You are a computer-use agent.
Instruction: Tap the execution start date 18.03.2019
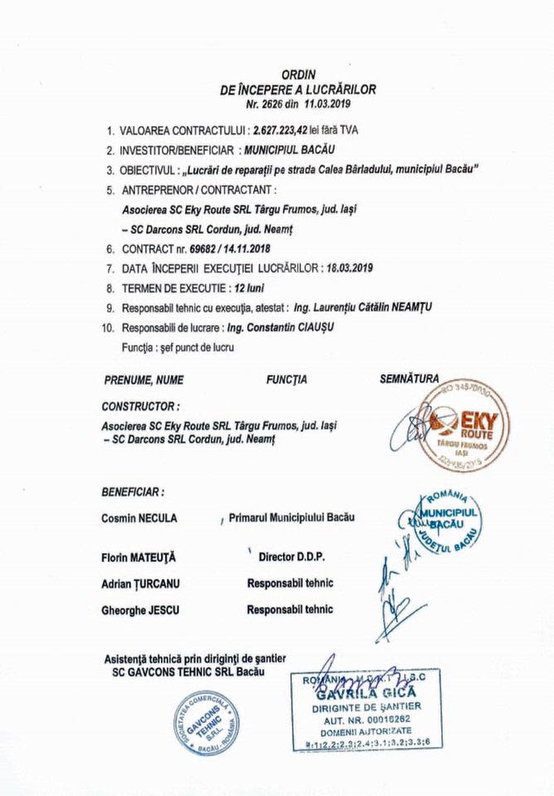348,268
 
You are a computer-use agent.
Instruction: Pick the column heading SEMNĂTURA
409,379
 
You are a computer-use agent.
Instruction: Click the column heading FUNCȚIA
286,380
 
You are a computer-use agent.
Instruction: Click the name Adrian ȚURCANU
140,584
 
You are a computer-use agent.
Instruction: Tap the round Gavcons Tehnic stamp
208,721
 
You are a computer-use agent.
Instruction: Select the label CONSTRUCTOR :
140,406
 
